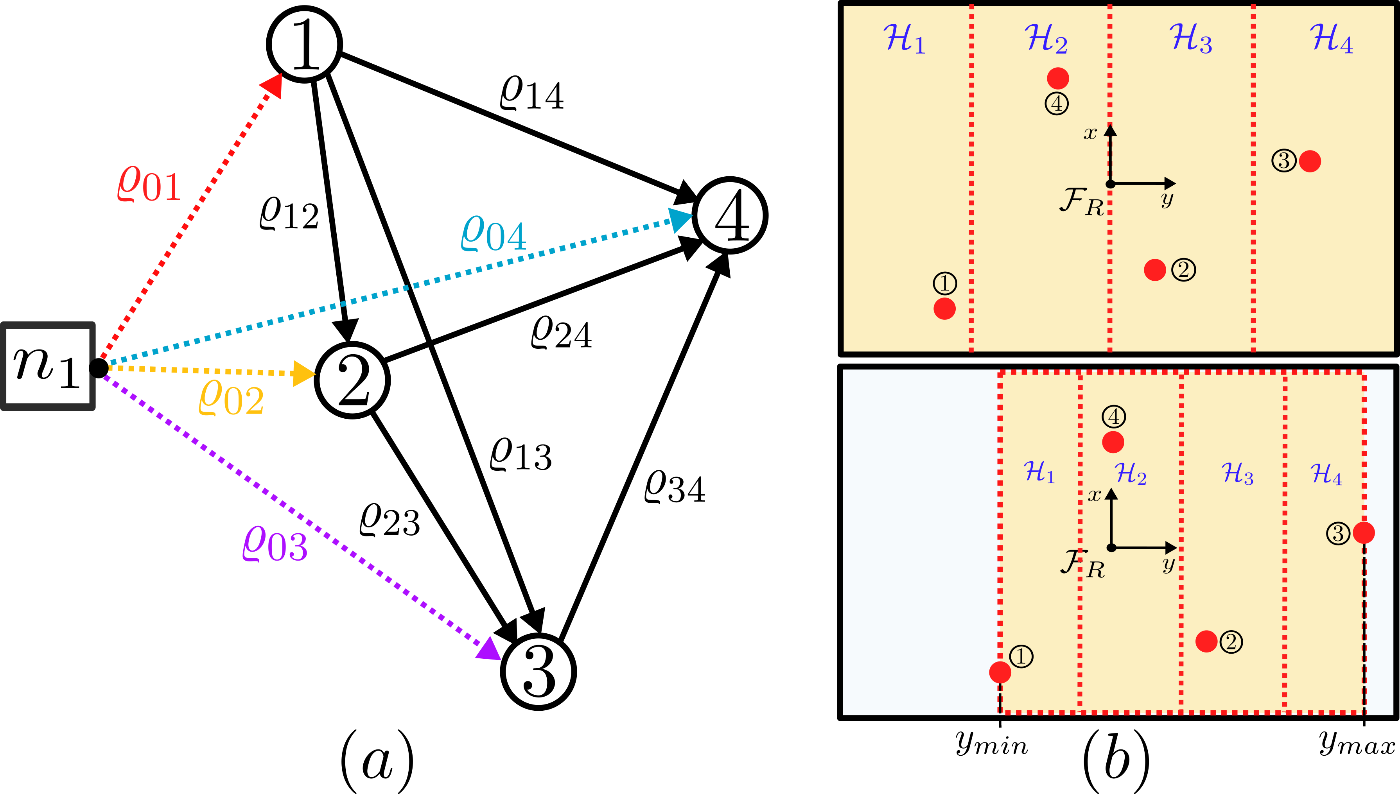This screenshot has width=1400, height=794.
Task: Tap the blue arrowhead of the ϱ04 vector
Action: (x=679, y=219)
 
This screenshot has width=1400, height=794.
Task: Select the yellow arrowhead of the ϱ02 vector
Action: (x=303, y=374)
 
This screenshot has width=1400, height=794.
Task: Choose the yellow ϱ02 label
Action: (x=231, y=398)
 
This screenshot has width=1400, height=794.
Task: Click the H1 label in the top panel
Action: (x=904, y=39)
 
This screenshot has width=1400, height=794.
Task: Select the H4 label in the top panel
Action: (x=1331, y=39)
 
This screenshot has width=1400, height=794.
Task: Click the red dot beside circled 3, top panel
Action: (x=1309, y=161)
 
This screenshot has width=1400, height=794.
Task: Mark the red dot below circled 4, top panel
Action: (x=1057, y=78)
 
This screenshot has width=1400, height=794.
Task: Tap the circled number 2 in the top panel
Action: (x=1183, y=269)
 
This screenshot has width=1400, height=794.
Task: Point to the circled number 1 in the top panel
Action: (x=944, y=283)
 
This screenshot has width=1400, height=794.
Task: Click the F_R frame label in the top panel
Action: (x=1081, y=202)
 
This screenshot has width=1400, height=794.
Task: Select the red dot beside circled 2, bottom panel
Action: (x=1206, y=641)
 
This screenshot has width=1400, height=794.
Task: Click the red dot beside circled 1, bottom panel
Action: (x=1000, y=672)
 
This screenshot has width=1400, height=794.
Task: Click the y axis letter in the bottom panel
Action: (x=1168, y=564)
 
